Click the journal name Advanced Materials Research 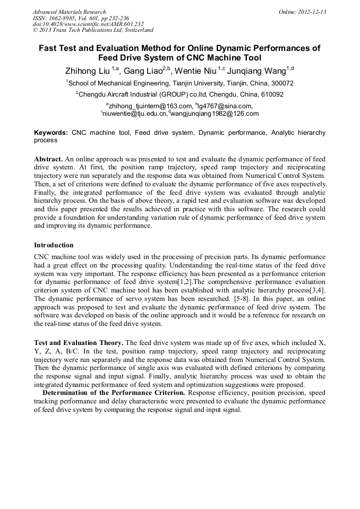[69, 12]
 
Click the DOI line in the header [88, 24]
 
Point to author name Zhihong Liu [88, 71]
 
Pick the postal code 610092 [271, 94]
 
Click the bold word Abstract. [48, 159]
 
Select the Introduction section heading [54, 245]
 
